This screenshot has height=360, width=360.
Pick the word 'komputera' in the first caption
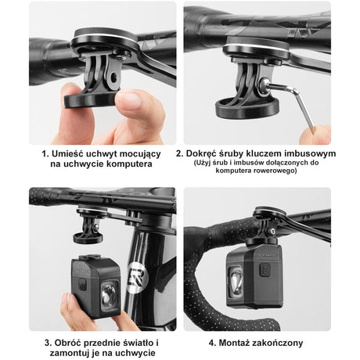[128, 165]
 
